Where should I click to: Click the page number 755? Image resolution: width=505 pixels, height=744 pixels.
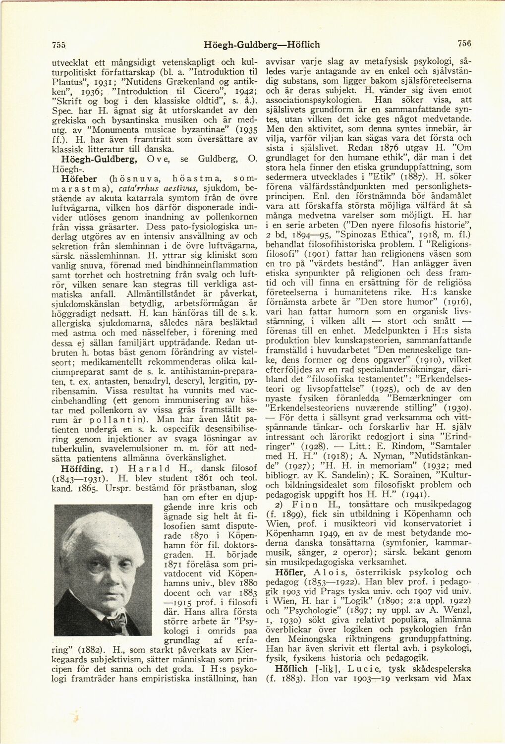(59, 45)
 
